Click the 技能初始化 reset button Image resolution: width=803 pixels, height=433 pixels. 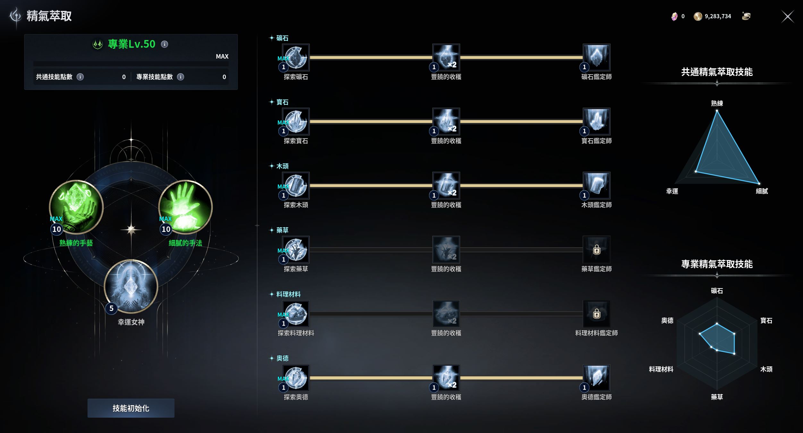tap(131, 408)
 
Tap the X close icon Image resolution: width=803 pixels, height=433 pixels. tap(788, 17)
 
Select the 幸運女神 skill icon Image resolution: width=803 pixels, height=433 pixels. tap(131, 286)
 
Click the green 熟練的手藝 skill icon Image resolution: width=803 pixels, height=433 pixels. tap(76, 207)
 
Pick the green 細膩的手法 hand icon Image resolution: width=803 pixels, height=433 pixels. tap(186, 207)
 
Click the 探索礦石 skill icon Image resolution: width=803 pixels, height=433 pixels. tap(296, 58)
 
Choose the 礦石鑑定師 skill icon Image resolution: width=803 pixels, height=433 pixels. tap(596, 58)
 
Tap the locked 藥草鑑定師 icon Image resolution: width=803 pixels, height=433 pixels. tap(596, 250)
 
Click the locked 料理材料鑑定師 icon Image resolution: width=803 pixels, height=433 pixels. tap(596, 314)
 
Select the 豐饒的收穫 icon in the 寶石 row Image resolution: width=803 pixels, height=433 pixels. tap(446, 122)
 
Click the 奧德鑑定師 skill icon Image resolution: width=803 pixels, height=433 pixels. tap(596, 378)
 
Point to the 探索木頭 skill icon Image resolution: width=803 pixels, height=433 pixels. tap(296, 186)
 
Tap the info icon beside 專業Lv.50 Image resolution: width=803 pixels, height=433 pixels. tap(165, 44)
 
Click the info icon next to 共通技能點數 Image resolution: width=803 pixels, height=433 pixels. tap(80, 77)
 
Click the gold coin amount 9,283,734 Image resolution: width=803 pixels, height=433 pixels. tap(718, 16)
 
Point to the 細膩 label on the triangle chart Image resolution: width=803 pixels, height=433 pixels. tap(762, 191)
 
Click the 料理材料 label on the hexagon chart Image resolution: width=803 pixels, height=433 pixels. tap(661, 369)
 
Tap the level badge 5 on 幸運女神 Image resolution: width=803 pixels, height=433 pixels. tap(111, 308)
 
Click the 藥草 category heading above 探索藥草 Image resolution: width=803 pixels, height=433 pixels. tap(282, 230)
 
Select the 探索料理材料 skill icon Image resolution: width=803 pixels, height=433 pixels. tap(296, 314)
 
